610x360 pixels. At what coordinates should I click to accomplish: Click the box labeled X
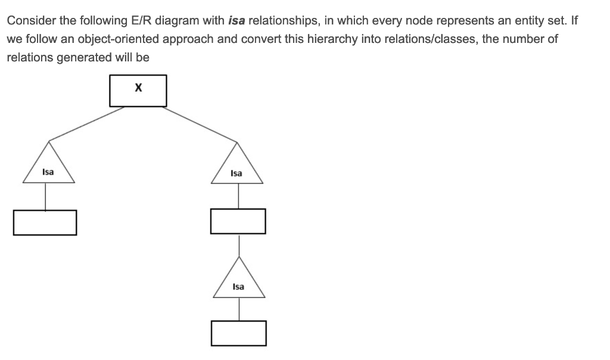(138, 91)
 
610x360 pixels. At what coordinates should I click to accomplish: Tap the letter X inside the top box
(138, 88)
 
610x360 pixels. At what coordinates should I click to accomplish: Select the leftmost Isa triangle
(48, 166)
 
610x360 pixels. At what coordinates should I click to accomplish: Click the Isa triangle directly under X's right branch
(237, 167)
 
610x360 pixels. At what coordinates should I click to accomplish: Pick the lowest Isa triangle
(238, 281)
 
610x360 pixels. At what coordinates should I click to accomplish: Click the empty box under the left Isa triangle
(45, 222)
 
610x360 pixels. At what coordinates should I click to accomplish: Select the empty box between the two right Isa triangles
(238, 221)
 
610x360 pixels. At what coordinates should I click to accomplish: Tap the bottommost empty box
(238, 333)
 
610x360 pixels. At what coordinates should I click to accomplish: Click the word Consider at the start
(28, 20)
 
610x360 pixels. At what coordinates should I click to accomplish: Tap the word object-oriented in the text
(114, 39)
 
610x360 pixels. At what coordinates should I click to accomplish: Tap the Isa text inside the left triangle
(48, 172)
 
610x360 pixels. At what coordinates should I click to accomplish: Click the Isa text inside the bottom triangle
(238, 287)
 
